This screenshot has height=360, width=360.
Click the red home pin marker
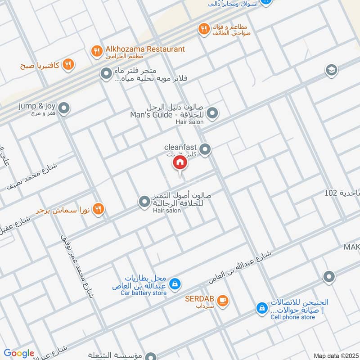pos(180,163)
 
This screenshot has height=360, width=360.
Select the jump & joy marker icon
pos(64,108)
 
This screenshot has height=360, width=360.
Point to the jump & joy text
pos(37,106)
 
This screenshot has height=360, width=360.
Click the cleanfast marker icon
pos(205,149)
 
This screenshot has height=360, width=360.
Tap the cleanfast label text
pos(181,147)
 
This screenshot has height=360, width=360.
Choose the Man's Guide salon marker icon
pos(212,113)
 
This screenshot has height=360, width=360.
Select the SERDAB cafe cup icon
pos(222,300)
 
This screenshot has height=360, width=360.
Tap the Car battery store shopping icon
pos(176,284)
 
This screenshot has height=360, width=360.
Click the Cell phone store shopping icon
pos(261,308)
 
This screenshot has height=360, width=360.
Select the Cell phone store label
pos(292,317)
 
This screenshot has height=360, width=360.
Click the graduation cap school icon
pos(331,70)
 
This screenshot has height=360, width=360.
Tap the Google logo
pos(19,353)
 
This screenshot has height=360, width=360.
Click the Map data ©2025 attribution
pos(335,355)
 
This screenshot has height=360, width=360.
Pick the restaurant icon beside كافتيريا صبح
pos(68,65)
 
